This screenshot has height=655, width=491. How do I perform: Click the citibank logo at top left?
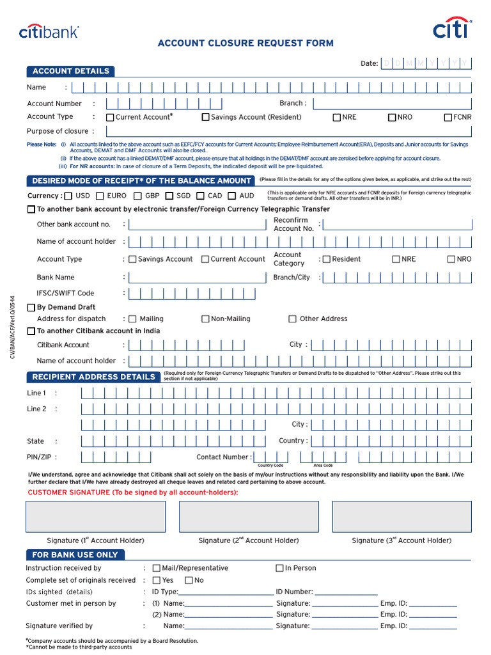[x=49, y=31]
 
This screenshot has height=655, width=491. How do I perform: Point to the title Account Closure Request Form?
[x=245, y=43]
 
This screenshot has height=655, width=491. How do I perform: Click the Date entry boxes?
[x=426, y=63]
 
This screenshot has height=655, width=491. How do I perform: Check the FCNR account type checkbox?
[x=448, y=118]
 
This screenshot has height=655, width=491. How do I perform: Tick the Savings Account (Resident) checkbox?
[x=205, y=118]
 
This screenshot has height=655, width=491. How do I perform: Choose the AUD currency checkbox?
[x=232, y=196]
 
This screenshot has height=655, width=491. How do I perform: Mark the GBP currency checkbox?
[x=138, y=196]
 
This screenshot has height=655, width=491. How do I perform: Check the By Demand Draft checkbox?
[x=31, y=308]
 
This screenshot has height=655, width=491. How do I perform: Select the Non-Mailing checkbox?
[x=205, y=319]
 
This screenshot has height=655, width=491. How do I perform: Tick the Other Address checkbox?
[x=293, y=319]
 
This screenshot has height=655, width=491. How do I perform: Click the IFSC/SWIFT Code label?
[x=65, y=294]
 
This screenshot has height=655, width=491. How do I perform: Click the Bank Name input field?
[x=197, y=278]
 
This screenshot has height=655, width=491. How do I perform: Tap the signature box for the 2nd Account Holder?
[x=249, y=517]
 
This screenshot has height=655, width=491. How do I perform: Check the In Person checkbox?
[x=279, y=568]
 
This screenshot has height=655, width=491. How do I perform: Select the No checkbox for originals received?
[x=189, y=580]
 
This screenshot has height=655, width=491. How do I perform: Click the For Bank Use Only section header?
[x=75, y=555]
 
